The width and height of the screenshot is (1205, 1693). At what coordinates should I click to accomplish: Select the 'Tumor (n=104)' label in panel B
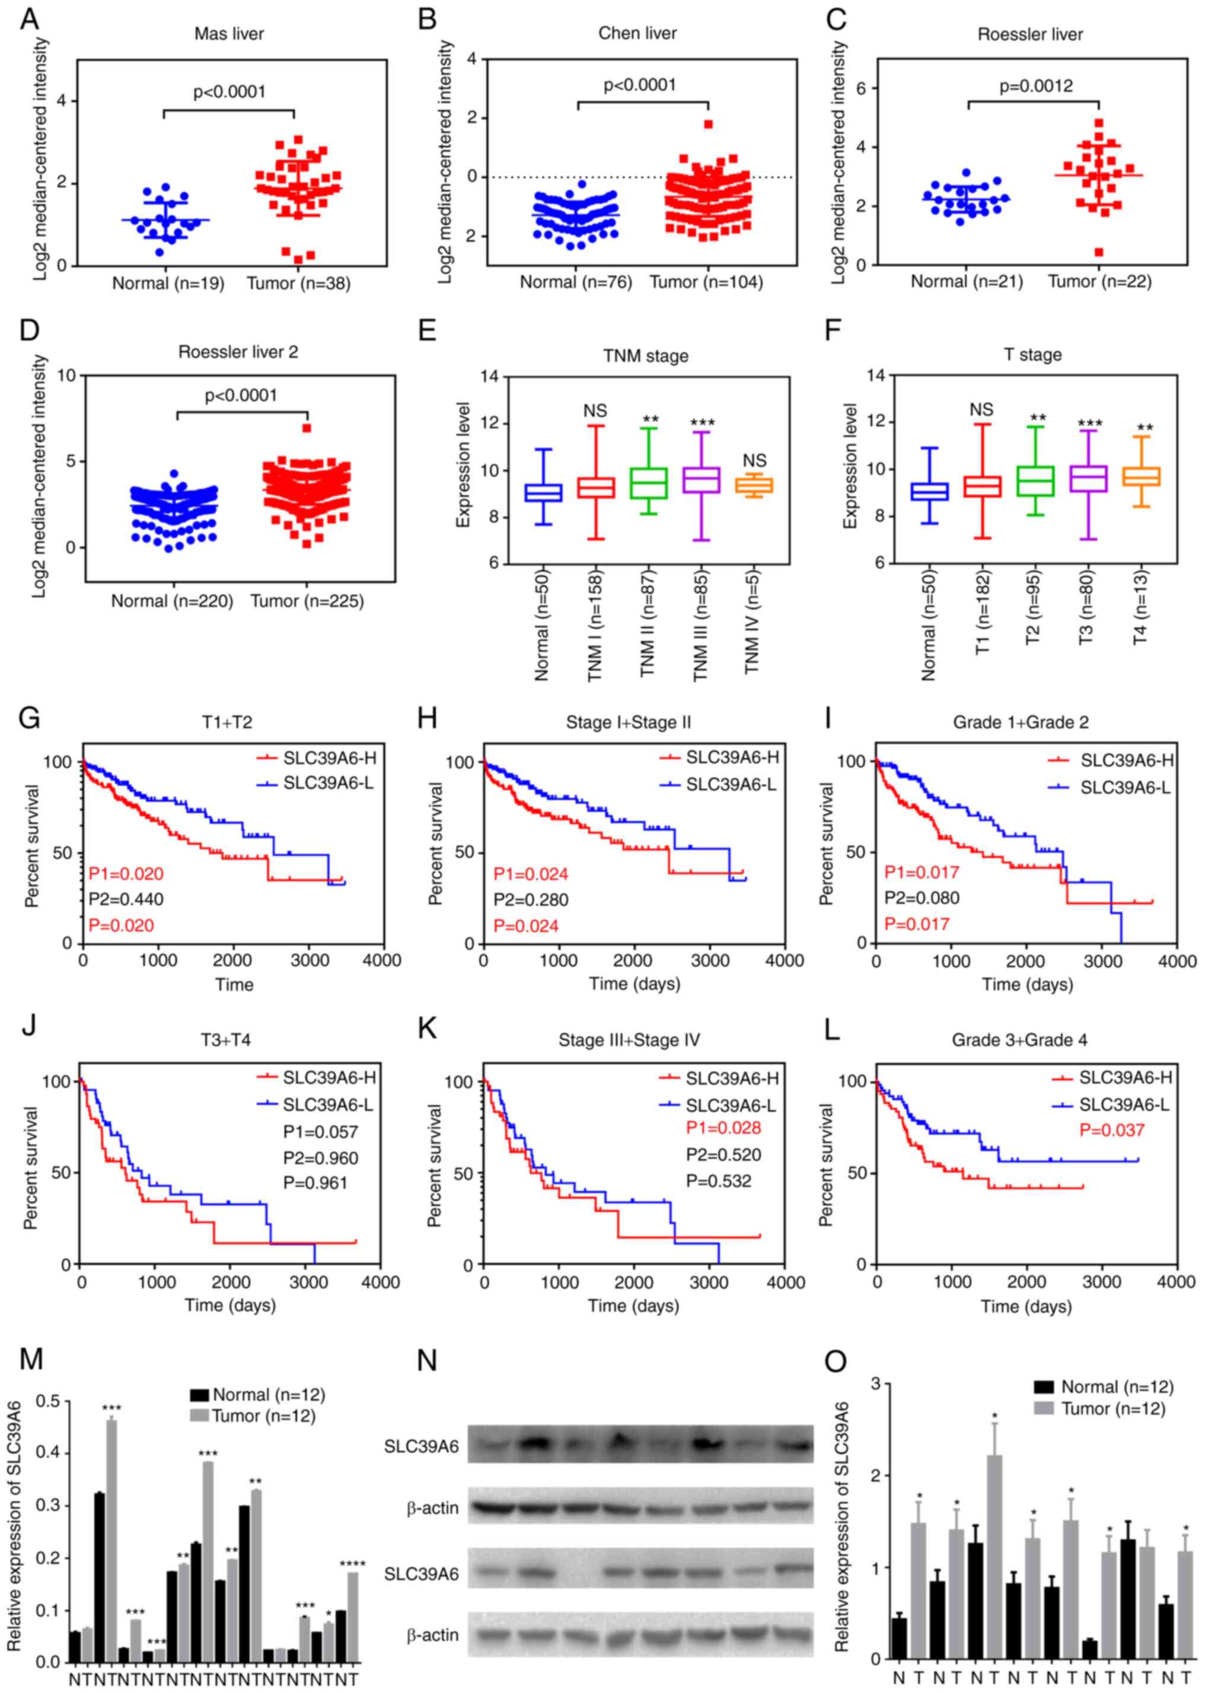706,282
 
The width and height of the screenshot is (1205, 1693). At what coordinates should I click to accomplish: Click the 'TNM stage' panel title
645,357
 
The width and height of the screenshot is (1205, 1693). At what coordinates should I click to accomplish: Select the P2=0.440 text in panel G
126,899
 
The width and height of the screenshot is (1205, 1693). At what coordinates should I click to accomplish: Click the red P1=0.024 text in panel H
531,874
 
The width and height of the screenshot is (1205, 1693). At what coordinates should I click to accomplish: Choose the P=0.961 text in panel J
315,1182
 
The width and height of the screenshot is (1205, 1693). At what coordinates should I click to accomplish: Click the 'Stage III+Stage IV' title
629,1040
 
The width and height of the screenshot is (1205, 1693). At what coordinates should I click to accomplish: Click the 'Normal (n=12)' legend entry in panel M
257,1395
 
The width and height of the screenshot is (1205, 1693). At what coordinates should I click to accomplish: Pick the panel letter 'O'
836,1360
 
